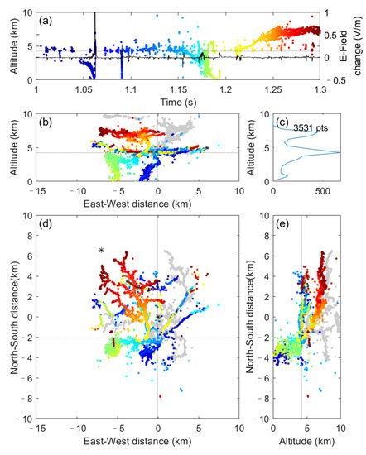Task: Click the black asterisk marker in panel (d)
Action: coord(101,250)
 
